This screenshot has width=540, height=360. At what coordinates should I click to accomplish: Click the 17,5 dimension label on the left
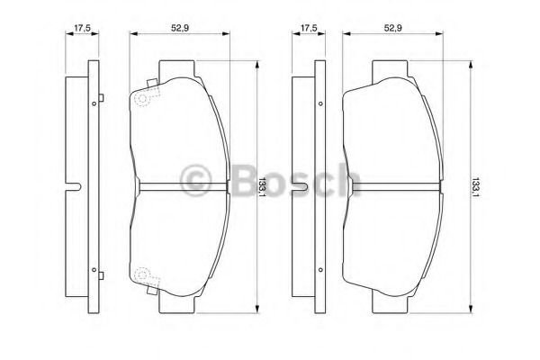pos(82,28)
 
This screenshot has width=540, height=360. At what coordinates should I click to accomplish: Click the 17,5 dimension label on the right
pos(309,28)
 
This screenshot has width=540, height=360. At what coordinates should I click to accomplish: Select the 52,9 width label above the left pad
pos(180,28)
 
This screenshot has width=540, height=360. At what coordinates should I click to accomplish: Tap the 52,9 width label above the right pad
pos(393,28)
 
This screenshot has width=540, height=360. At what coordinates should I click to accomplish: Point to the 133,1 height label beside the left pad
pos(262,187)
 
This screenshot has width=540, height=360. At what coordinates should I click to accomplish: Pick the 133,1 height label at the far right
pos(475,187)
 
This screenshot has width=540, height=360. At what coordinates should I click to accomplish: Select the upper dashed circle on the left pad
pos(142,98)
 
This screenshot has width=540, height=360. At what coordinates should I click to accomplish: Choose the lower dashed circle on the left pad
pos(141,274)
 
